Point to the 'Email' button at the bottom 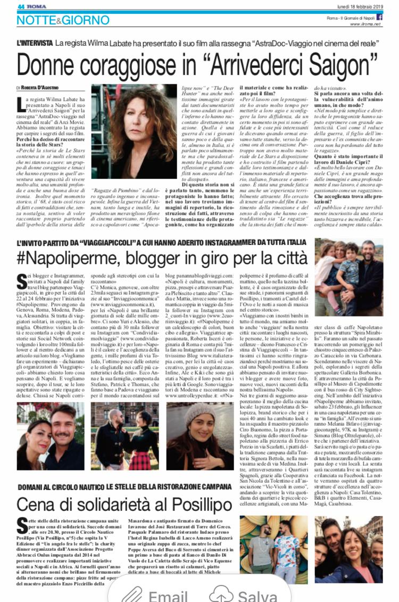pyautogui.click(x=168, y=595)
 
